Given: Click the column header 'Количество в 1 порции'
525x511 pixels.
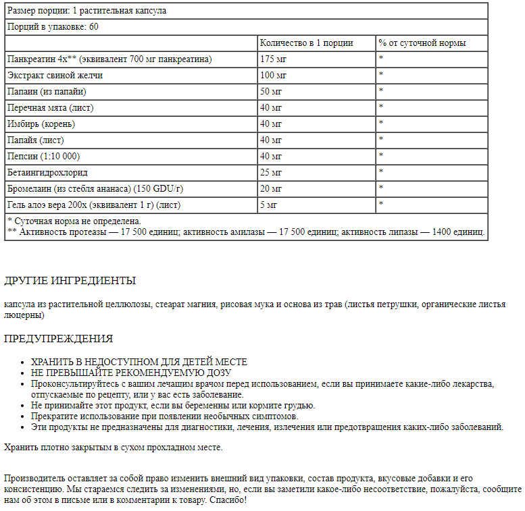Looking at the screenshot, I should point(307,43).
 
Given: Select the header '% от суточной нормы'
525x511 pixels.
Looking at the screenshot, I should point(422,43).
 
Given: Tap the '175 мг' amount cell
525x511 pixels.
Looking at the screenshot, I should point(273,59).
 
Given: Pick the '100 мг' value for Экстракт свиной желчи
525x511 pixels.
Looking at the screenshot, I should point(273,75).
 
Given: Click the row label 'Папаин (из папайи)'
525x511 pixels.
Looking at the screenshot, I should point(47,91).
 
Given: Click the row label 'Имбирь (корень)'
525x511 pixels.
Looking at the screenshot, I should point(41,124).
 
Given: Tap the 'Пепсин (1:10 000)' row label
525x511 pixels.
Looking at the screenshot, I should point(43,156).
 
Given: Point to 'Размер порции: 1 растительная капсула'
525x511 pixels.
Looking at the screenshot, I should point(86,11).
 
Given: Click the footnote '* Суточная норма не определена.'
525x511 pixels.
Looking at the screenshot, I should point(74,221).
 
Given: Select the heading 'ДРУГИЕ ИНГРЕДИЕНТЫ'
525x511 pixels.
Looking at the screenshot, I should point(70,281).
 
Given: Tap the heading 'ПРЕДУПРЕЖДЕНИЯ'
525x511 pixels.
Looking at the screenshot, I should point(58,339).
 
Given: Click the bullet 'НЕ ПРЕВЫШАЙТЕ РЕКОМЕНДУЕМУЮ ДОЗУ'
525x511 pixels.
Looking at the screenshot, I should point(131,373).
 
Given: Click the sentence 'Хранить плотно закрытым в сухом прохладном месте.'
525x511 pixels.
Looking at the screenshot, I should point(113,447).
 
